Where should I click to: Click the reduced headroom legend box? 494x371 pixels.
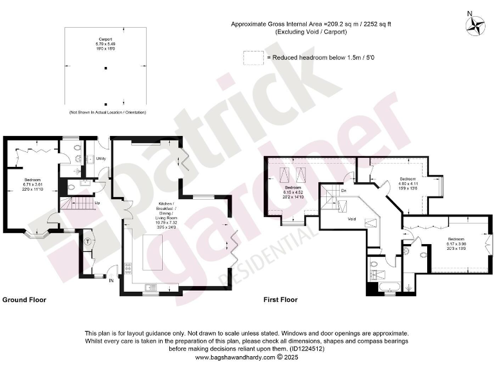[x=253, y=57]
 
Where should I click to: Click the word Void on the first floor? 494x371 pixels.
[x=351, y=219]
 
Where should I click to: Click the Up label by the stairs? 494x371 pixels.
[x=97, y=204]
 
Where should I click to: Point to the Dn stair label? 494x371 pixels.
[x=345, y=191]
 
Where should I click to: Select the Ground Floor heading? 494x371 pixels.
[x=24, y=300]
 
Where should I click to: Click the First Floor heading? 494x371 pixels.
[x=280, y=300]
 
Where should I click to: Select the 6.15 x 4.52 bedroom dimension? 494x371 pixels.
[x=293, y=191]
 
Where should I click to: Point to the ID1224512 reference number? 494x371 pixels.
[x=307, y=348]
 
